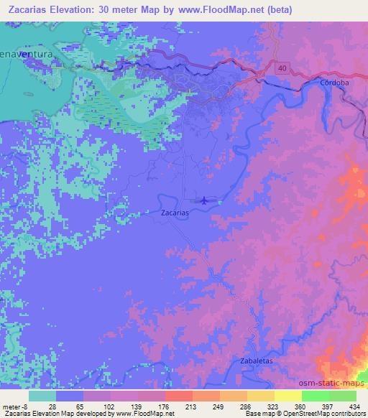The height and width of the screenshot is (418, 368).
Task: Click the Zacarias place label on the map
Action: tap(175, 213)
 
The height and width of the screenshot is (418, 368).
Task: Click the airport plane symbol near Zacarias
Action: tap(206, 200)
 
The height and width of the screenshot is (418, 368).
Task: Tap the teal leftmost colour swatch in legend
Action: tap(42, 395)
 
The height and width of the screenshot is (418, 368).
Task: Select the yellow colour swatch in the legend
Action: tap(287, 395)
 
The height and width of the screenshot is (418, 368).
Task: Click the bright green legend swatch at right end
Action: tap(342, 395)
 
